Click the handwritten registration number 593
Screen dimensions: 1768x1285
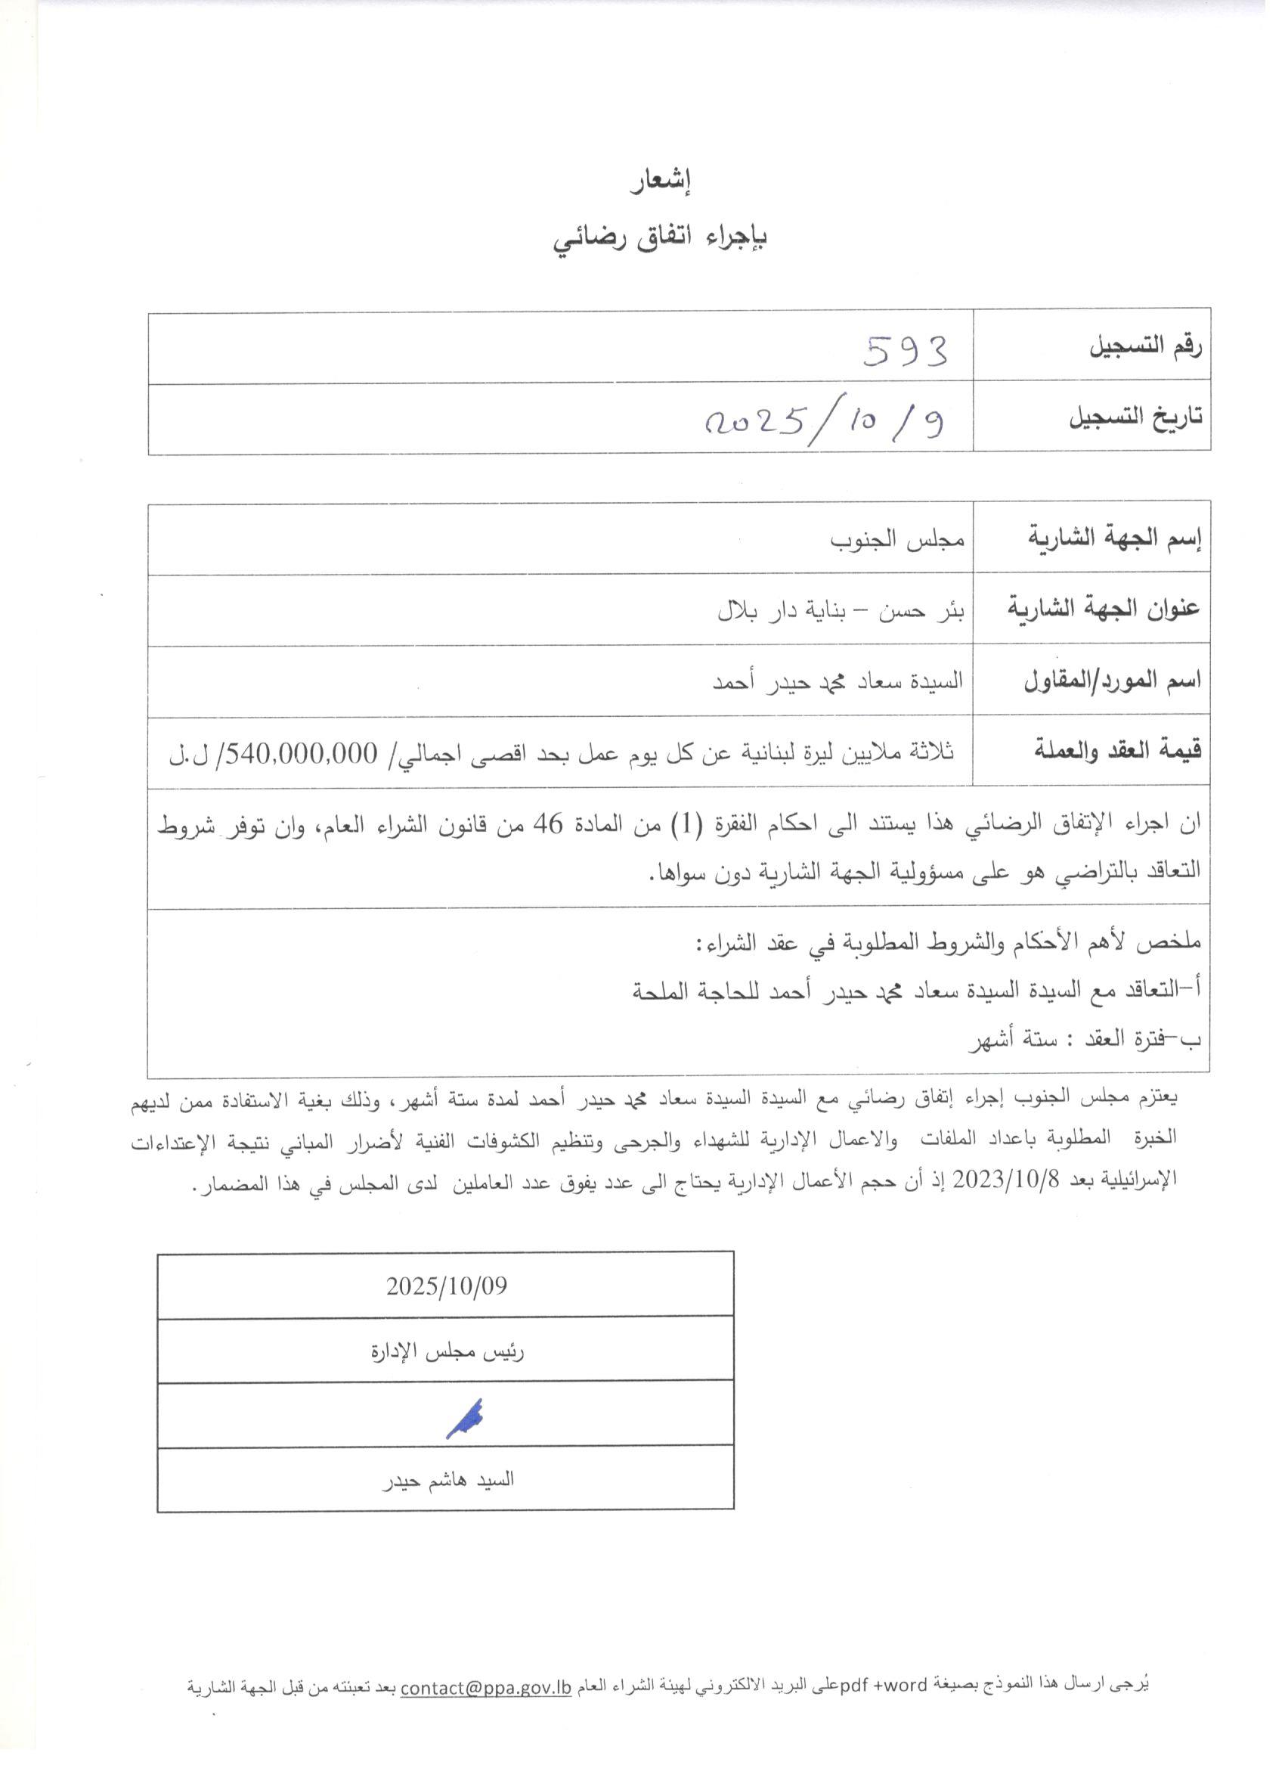coord(906,352)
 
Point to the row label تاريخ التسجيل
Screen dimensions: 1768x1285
coord(1135,418)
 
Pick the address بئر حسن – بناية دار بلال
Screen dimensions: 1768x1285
coord(841,610)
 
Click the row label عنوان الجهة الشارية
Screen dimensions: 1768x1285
coord(1104,608)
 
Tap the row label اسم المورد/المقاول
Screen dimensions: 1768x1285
coord(1112,681)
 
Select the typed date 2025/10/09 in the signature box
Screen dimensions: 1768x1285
coord(446,1287)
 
